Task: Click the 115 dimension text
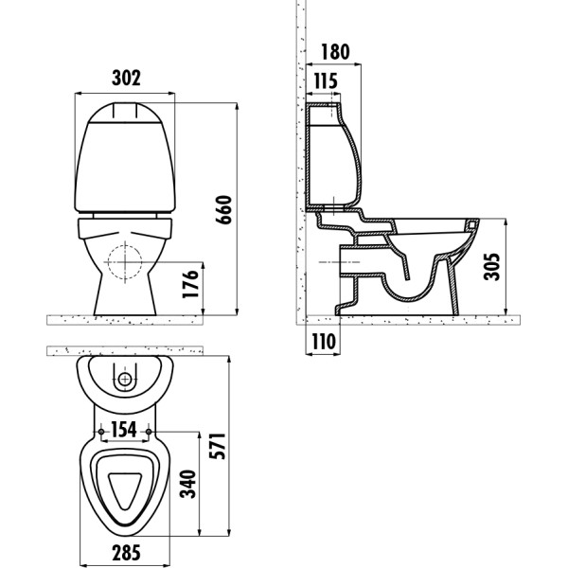click(x=324, y=81)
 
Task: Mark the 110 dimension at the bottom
click(x=324, y=342)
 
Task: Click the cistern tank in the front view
click(x=126, y=156)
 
